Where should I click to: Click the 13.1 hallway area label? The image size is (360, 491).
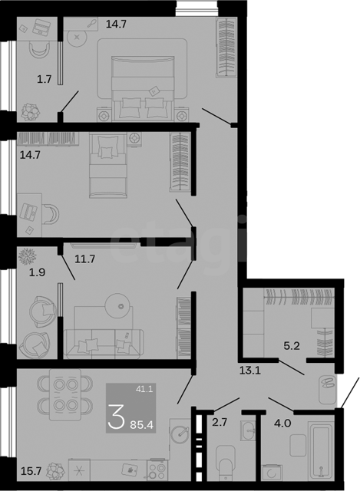250,371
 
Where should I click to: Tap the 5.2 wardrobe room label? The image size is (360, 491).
292,346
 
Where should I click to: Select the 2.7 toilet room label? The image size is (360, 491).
220,423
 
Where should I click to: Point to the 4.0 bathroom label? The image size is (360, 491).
282,423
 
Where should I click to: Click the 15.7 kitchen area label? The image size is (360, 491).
31,470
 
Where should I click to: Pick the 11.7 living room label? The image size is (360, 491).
85,259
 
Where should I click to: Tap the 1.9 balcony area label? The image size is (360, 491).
38,272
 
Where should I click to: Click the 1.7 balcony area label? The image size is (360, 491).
45,79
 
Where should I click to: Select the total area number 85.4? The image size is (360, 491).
141,425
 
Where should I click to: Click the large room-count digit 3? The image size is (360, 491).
116,416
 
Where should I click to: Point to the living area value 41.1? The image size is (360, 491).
144,389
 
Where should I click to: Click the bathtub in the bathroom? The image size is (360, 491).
320,450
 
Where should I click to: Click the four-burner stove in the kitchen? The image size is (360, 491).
157,470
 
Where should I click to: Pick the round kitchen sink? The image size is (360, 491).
180,432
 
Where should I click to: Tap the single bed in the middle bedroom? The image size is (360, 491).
108,165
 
